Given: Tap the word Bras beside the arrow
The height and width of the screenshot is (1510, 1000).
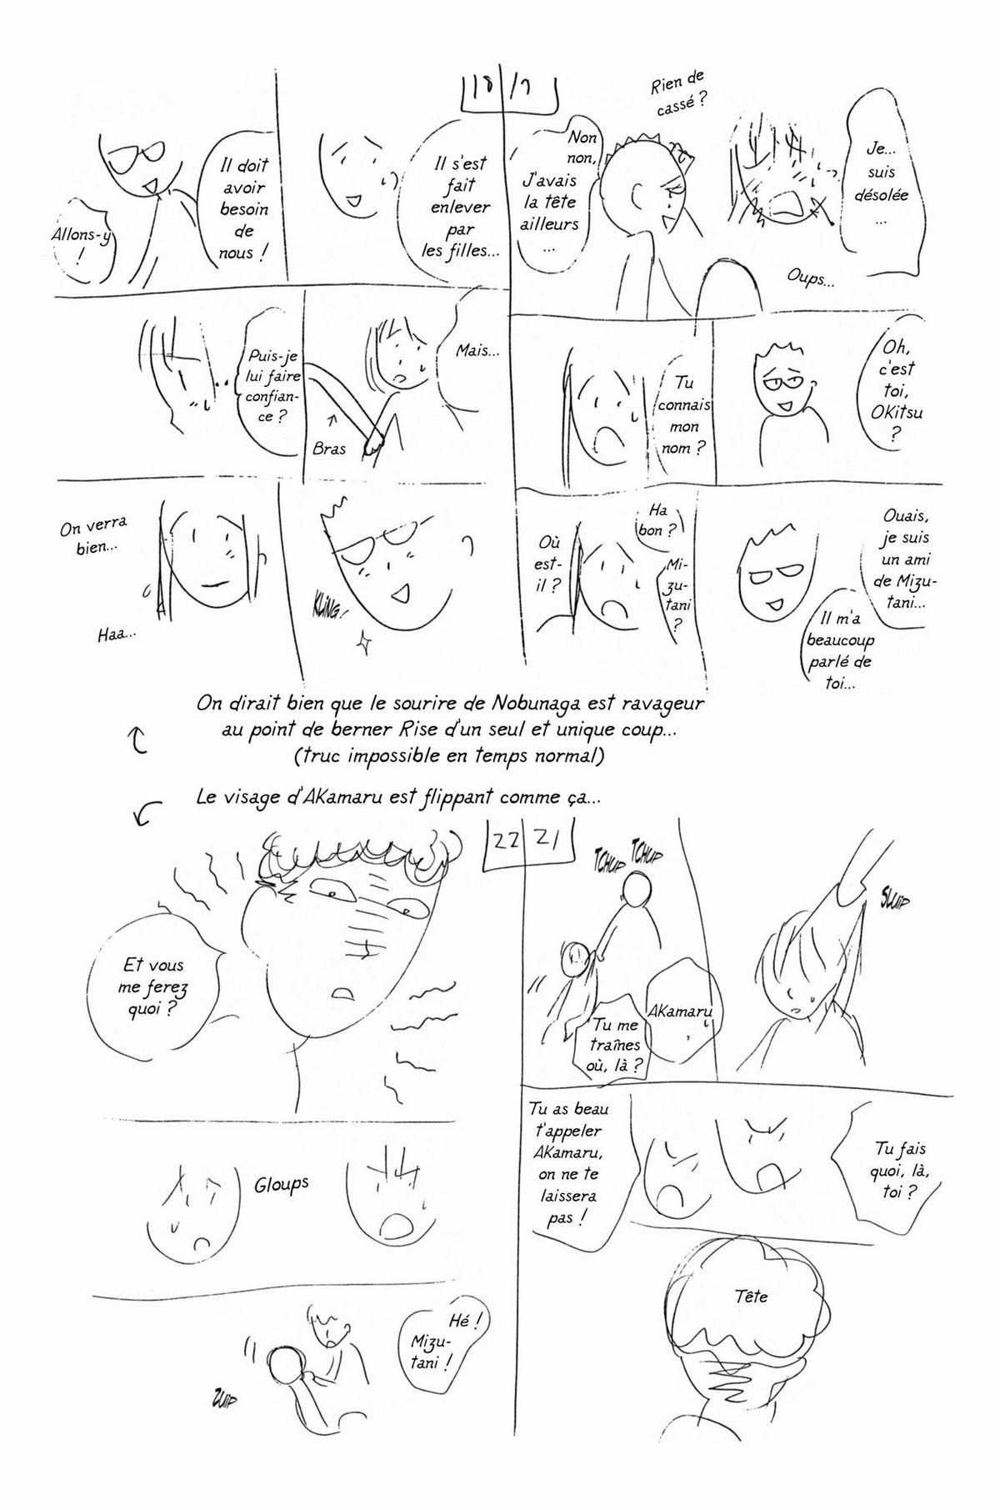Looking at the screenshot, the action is pos(330,448).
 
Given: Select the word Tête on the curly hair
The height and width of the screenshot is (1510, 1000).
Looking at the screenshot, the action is pos(752,1297).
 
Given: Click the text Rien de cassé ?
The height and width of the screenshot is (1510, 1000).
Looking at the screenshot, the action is pos(678,93).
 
